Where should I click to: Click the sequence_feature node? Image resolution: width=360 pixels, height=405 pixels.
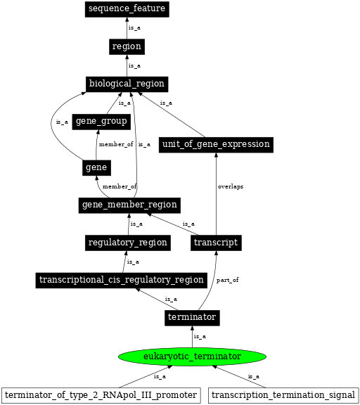click(x=127, y=9)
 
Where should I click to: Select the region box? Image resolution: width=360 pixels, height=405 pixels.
click(x=127, y=46)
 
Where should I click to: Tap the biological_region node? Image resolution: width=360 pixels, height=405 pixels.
click(x=127, y=84)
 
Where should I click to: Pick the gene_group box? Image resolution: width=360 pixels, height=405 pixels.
click(x=101, y=122)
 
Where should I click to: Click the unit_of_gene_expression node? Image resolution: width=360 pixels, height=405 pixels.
click(x=216, y=145)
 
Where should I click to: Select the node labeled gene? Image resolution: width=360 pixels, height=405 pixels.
click(x=96, y=168)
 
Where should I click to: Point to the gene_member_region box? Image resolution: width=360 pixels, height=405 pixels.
click(x=129, y=205)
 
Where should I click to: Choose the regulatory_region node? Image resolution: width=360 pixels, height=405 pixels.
click(x=128, y=243)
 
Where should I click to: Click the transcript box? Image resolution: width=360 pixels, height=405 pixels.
click(x=216, y=243)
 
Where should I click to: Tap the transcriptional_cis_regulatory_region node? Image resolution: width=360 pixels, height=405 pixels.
click(x=122, y=281)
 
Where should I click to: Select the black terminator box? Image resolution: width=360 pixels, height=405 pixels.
click(x=192, y=318)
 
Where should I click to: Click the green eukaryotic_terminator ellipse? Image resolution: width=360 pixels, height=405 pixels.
click(x=192, y=356)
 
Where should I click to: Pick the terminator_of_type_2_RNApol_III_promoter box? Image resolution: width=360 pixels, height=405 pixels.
click(x=101, y=395)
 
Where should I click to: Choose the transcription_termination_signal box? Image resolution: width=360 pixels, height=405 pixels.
click(x=283, y=395)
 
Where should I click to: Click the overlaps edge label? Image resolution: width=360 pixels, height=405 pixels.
click(x=231, y=186)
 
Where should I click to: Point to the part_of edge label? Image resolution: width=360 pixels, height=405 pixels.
click(x=228, y=280)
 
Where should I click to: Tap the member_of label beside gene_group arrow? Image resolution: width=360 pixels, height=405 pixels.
click(x=116, y=144)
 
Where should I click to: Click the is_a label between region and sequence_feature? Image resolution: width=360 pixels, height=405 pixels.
click(x=134, y=28)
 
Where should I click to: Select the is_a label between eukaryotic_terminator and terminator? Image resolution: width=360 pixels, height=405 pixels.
click(x=200, y=337)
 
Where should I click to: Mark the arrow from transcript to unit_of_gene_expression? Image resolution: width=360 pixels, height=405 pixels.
click(x=216, y=194)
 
